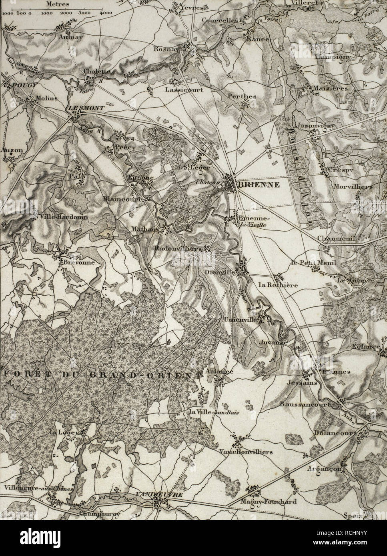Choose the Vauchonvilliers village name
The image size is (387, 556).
(246, 452)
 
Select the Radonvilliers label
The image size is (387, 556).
(178, 249)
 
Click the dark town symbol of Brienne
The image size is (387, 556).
(231, 184)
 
